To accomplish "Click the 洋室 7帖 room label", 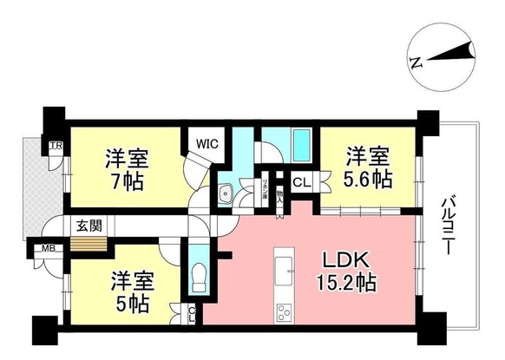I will pos(127,171).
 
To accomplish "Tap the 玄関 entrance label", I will pos(88,226).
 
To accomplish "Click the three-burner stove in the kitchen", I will pos(285,312).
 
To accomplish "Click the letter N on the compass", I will pos(416,62).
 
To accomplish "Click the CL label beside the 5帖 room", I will pos(192,314).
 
